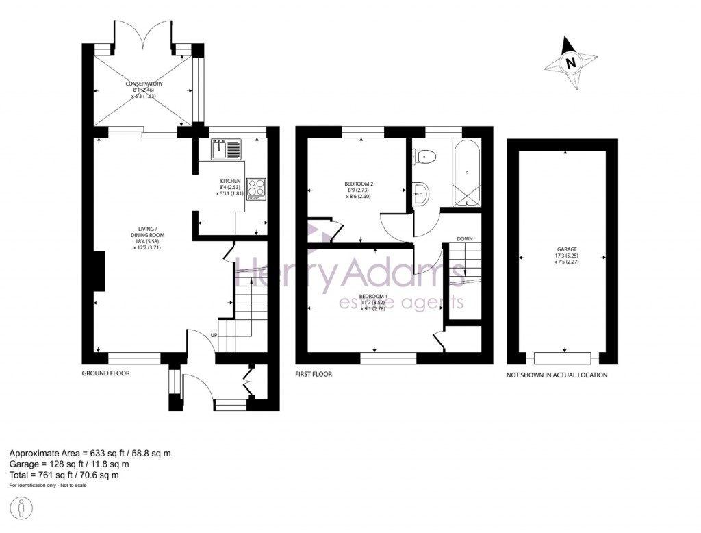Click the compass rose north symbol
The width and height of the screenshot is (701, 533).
(x=570, y=63)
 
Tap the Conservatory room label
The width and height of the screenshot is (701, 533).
(x=143, y=90)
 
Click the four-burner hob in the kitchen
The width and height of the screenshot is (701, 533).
(x=257, y=188)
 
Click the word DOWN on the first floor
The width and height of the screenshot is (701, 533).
(x=465, y=238)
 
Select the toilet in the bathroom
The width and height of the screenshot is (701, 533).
(x=424, y=157)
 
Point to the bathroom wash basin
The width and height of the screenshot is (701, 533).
(x=420, y=193)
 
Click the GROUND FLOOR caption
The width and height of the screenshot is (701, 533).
(x=106, y=374)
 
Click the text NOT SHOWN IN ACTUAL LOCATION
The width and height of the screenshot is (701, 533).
(x=556, y=375)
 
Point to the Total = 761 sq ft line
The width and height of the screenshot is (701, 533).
(x=64, y=475)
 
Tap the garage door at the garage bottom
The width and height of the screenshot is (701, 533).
(x=563, y=358)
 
